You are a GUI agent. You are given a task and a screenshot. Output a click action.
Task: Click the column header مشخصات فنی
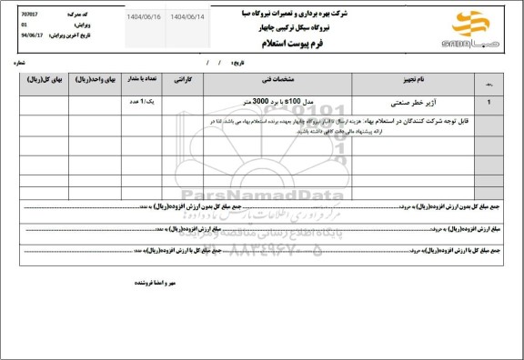click(270, 80)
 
